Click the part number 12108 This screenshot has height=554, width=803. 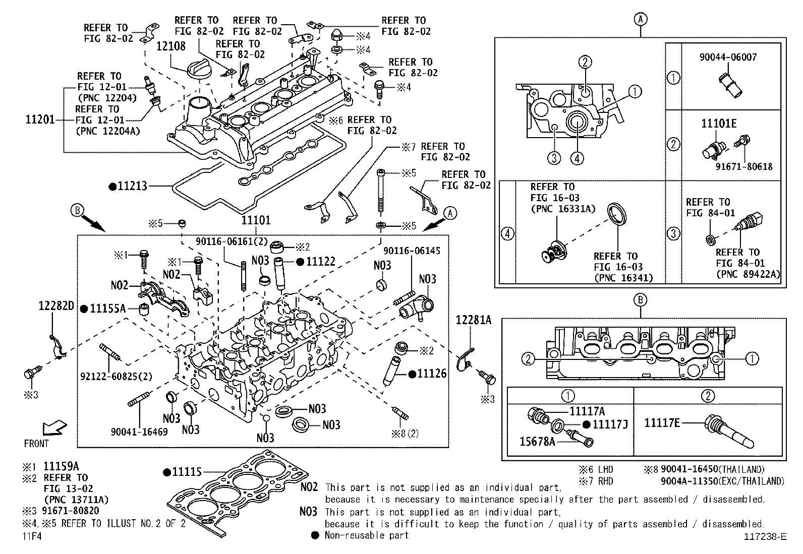click(x=170, y=46)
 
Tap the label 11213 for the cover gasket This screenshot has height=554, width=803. click(x=132, y=186)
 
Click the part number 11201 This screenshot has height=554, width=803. click(x=40, y=120)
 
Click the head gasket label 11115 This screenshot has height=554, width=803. click(x=186, y=472)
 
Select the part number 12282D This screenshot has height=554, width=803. click(x=56, y=306)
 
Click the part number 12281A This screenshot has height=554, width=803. click(x=473, y=320)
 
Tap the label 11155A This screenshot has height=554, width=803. click(x=107, y=309)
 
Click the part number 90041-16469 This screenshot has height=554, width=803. click(x=139, y=432)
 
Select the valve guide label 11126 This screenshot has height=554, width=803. click(x=432, y=374)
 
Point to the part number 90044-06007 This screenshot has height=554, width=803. click(x=728, y=57)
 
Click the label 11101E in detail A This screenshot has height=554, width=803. click(x=719, y=124)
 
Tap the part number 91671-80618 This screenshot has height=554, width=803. click(x=744, y=166)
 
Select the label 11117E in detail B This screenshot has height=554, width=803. click(x=662, y=422)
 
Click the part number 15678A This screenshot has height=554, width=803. click(x=537, y=442)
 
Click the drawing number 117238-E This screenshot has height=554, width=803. click(x=764, y=536)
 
